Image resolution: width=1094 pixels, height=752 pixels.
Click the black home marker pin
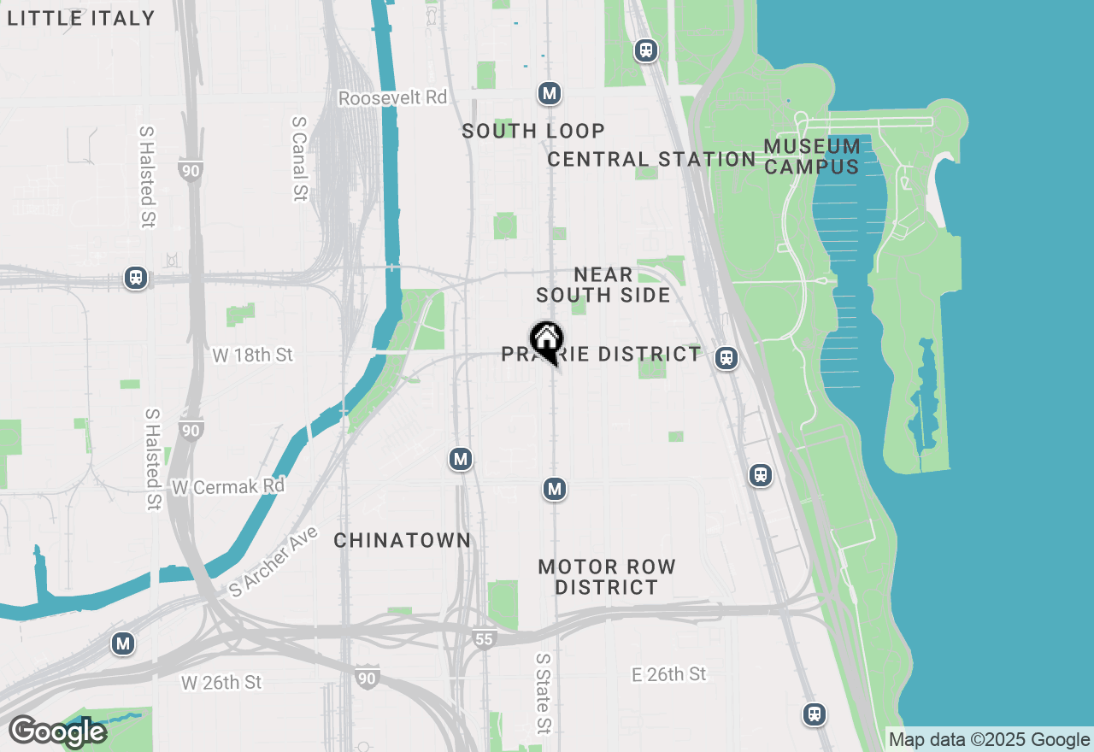546,341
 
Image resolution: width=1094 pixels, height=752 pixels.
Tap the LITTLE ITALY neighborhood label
81,18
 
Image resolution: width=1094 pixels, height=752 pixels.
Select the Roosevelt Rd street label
392,97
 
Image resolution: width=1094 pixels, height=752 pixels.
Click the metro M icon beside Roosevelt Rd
550,93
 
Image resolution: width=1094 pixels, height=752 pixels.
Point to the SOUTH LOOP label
533,131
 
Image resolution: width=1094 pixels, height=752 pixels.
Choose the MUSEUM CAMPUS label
812,156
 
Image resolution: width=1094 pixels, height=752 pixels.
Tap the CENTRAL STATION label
651,159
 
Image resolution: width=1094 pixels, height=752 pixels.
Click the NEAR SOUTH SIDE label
603,285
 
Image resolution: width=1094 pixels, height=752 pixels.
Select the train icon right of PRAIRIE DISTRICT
726,358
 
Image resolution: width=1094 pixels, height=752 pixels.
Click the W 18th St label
252,355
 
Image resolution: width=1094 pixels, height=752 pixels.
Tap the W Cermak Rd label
228,486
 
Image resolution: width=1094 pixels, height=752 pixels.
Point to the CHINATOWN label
402,540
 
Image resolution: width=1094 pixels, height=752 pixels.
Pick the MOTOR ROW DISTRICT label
607,577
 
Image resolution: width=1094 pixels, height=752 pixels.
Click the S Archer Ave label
273,561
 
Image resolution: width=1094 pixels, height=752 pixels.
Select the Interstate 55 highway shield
484,637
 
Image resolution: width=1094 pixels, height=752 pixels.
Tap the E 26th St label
668,674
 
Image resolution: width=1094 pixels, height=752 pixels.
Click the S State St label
543,694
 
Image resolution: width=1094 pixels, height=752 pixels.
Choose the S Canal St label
298,159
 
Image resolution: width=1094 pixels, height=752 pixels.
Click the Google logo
57,731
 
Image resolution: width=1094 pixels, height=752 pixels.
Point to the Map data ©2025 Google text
989,740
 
